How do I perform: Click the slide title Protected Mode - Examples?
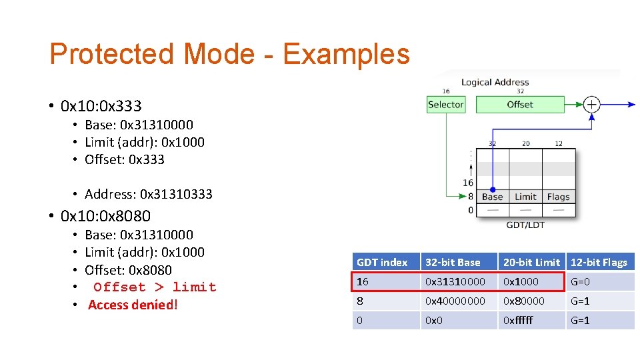coord(229,54)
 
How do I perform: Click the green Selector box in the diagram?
coord(445,104)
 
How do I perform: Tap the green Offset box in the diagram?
coord(520,104)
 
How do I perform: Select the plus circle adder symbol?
coord(591,104)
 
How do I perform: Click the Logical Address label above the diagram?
coord(495,82)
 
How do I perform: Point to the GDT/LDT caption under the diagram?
coord(525,225)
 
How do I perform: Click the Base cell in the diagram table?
coord(493,197)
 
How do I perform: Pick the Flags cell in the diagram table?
coord(558,197)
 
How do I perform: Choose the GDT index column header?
coord(382,262)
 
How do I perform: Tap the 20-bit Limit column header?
coord(531,262)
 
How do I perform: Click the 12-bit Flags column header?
coord(599,262)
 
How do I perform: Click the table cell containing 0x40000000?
coord(455,301)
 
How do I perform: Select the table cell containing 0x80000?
coord(524,301)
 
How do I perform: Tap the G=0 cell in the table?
coord(580,281)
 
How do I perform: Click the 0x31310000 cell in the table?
coord(455,281)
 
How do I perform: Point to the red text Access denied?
coord(133,305)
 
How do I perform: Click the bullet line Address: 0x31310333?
coord(149,194)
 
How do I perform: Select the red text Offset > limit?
coord(155,287)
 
